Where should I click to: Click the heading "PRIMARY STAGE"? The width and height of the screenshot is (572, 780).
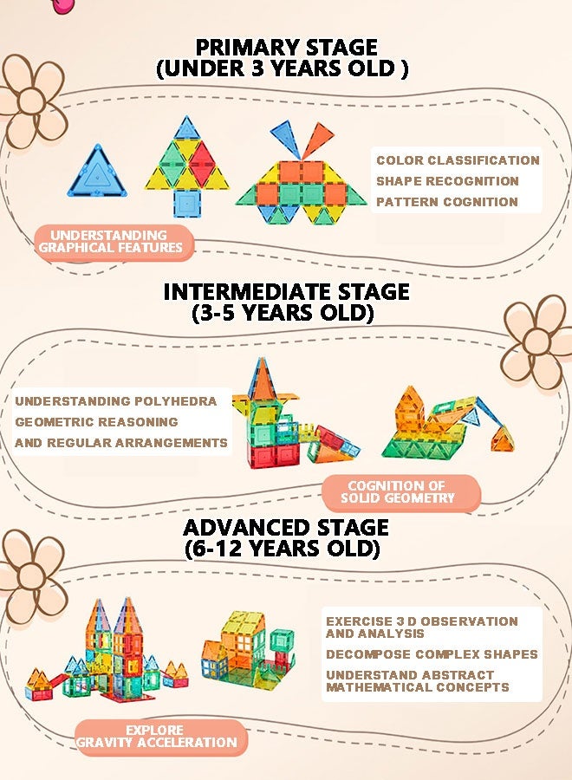pyautogui.click(x=287, y=48)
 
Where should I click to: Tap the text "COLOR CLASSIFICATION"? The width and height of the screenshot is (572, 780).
pyautogui.click(x=458, y=160)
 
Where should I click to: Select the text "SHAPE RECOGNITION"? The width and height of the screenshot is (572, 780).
pyautogui.click(x=448, y=181)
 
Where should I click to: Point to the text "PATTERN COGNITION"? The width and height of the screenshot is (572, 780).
pyautogui.click(x=446, y=202)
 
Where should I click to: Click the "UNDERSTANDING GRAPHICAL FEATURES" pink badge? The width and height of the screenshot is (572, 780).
pyautogui.click(x=114, y=242)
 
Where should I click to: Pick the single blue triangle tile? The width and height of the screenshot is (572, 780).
pyautogui.click(x=97, y=172)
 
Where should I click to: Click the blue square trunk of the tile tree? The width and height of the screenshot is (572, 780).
pyautogui.click(x=186, y=204)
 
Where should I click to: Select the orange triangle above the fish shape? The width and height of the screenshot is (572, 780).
pyautogui.click(x=317, y=140)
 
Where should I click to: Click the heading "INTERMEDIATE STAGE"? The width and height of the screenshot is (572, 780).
pyautogui.click(x=287, y=291)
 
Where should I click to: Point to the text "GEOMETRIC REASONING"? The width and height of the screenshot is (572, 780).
pyautogui.click(x=96, y=422)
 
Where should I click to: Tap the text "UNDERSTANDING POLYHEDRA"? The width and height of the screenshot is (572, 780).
pyautogui.click(x=116, y=401)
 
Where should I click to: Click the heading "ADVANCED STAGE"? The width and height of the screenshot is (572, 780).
pyautogui.click(x=286, y=527)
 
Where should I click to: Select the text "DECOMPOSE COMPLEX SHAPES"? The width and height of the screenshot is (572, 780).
pyautogui.click(x=432, y=654)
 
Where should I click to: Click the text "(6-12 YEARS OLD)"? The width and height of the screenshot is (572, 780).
pyautogui.click(x=283, y=549)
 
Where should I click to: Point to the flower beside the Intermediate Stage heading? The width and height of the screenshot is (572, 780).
pyautogui.click(x=536, y=342)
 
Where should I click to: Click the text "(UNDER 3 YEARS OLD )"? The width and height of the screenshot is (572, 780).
pyautogui.click(x=283, y=68)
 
